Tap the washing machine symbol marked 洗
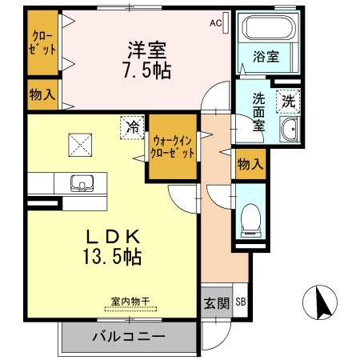tap(286, 101)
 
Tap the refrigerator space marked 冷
tap(132, 126)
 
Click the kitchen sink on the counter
tap(80, 183)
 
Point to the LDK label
tap(113, 237)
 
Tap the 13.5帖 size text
tap(113, 257)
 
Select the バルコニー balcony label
tap(127, 336)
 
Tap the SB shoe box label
tap(241, 302)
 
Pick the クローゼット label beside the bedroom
tap(45, 42)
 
